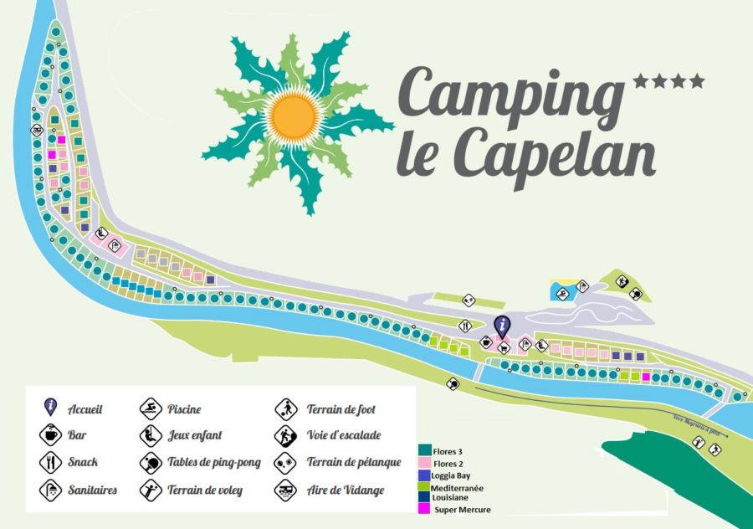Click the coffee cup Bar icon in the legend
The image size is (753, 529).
pyautogui.click(x=50, y=435)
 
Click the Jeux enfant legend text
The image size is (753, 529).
pyautogui.click(x=194, y=435)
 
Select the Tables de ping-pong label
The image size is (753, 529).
pyautogui.click(x=213, y=462)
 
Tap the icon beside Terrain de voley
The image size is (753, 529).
pyautogui.click(x=151, y=490)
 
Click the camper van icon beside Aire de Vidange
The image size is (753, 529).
pyautogui.click(x=285, y=490)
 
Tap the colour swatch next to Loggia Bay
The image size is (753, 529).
pyautogui.click(x=423, y=475)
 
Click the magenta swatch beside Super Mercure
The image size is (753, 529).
pyautogui.click(x=423, y=508)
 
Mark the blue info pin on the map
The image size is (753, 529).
pyautogui.click(x=501, y=324)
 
